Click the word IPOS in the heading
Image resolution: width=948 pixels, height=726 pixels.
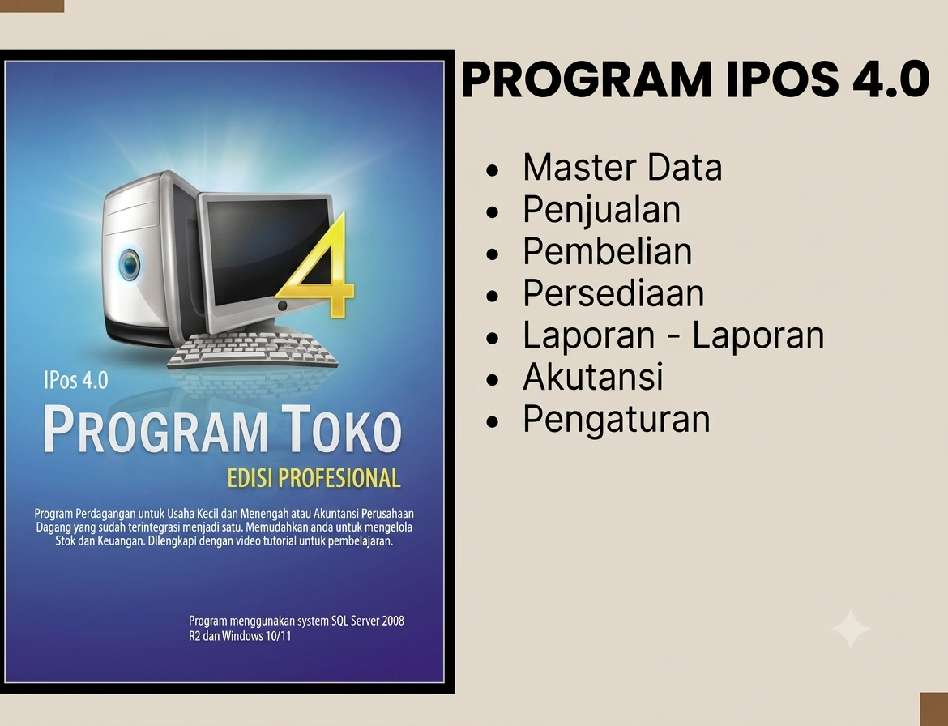[x=783, y=79]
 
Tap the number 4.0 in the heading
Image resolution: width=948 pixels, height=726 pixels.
[x=890, y=79]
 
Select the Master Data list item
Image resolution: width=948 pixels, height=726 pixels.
[x=622, y=168]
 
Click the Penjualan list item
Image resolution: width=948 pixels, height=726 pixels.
[x=601, y=211]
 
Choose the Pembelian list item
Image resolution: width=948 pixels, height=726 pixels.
[x=607, y=251]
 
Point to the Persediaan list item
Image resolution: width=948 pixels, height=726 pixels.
[x=613, y=293]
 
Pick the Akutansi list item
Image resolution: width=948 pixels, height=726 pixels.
[x=592, y=377]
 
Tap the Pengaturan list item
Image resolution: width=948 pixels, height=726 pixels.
[x=616, y=421]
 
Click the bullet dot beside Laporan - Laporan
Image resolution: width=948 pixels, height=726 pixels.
[x=493, y=338]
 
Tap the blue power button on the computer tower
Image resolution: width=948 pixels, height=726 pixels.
[x=130, y=265]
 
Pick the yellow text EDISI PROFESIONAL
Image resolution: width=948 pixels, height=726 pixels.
[x=314, y=477]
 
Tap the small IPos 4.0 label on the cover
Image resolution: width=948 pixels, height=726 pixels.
[x=76, y=380]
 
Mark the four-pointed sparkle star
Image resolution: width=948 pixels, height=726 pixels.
[x=850, y=629]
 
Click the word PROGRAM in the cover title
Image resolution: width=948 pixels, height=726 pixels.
[x=155, y=429]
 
